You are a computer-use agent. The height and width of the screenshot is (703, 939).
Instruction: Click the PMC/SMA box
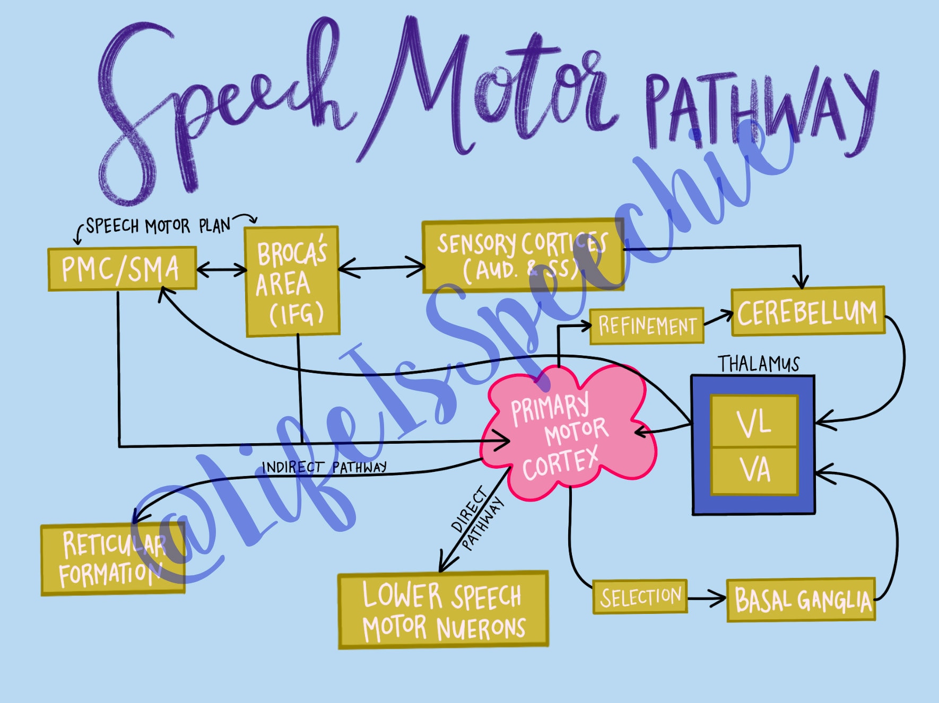tap(122, 269)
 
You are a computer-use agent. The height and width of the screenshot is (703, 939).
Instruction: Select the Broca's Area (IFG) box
tap(292, 282)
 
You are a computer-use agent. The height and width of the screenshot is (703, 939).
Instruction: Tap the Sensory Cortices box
tap(523, 256)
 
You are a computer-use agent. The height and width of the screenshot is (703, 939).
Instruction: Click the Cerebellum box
tap(807, 312)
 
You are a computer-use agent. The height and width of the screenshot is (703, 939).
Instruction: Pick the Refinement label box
tap(647, 326)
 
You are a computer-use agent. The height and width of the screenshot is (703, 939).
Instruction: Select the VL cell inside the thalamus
tap(753, 422)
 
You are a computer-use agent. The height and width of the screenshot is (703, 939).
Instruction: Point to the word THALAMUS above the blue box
tap(758, 364)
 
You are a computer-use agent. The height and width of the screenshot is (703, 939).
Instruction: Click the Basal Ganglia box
tap(801, 600)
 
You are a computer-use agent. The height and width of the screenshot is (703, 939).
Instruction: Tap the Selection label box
tap(640, 597)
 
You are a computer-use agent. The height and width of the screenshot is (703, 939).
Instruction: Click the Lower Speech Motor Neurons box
tap(443, 610)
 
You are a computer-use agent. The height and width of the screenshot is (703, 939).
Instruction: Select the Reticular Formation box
tap(112, 559)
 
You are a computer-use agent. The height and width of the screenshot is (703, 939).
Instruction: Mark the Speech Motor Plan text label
tap(158, 226)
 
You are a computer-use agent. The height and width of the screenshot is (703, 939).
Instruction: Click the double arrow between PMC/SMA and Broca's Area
tap(221, 270)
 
